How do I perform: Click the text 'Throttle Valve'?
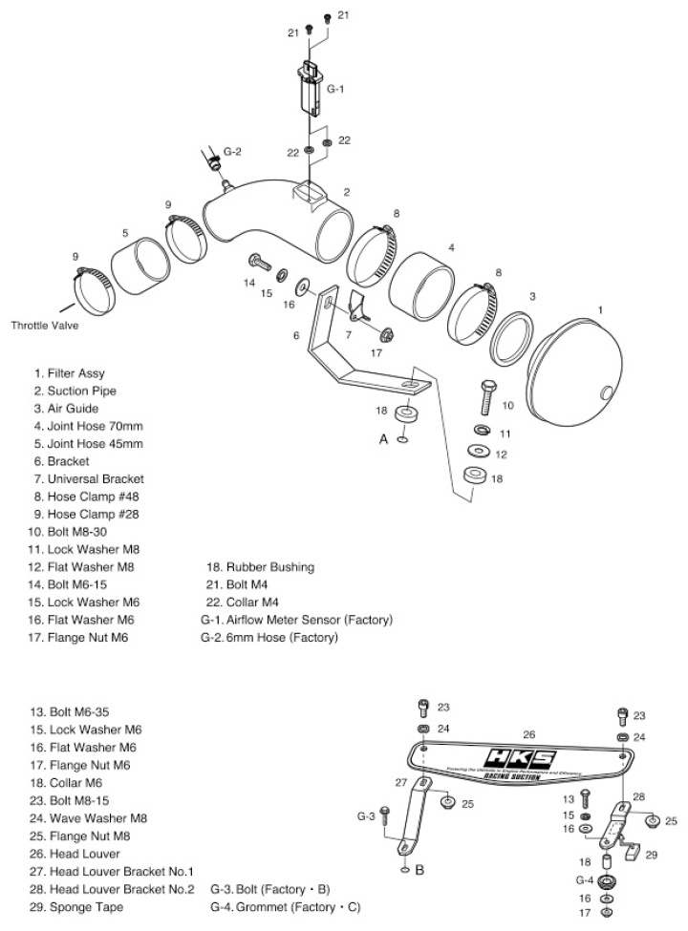click(x=45, y=325)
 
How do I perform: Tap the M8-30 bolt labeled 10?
click(x=487, y=394)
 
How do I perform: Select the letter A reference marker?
click(x=382, y=440)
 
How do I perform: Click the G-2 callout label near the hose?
click(x=232, y=152)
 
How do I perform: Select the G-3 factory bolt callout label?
click(x=366, y=816)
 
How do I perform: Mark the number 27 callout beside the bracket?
click(x=401, y=780)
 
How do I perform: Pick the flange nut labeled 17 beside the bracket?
click(x=388, y=335)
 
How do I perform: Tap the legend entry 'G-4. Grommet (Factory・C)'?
click(x=286, y=906)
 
